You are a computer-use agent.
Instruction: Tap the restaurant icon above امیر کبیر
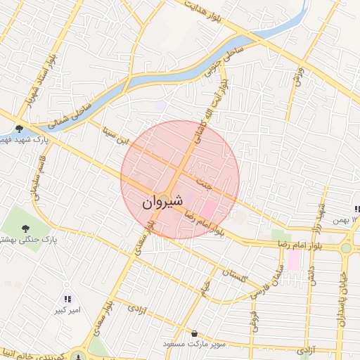(67, 299)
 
